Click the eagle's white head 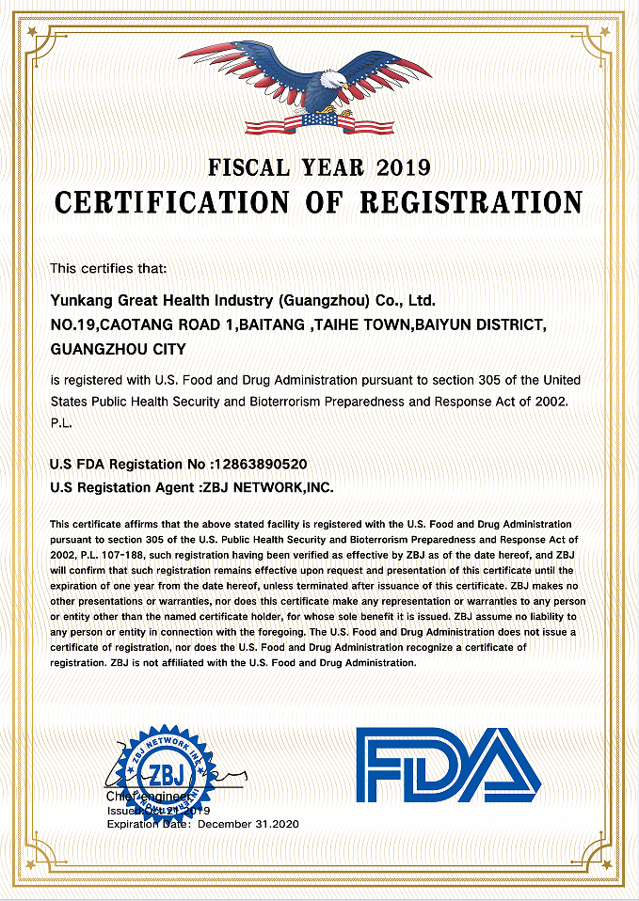point(331,90)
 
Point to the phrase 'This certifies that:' point(108,269)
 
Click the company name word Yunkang point(81,301)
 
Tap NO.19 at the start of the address point(73,324)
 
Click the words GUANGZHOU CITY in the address point(118,348)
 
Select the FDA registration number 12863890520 point(260,465)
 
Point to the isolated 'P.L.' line point(61,424)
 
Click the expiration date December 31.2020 point(248,824)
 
